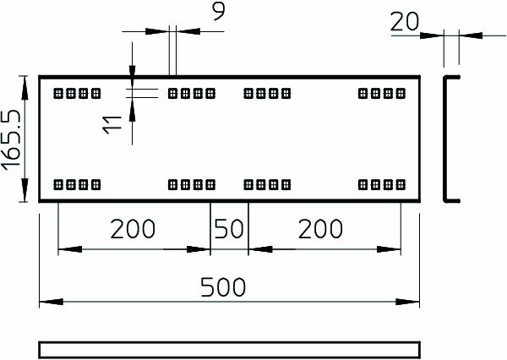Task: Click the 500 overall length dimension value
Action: pyautogui.click(x=224, y=287)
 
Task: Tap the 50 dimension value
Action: pyautogui.click(x=228, y=228)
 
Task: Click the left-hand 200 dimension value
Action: pyautogui.click(x=134, y=228)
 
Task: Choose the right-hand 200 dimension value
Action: pyautogui.click(x=320, y=228)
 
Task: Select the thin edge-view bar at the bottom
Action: pyautogui.click(x=229, y=349)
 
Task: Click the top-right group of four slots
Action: pyautogui.click(x=382, y=93)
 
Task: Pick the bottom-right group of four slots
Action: pyautogui.click(x=382, y=183)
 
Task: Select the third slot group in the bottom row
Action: pyautogui.click(x=267, y=183)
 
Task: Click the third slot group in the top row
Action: pyautogui.click(x=267, y=93)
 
